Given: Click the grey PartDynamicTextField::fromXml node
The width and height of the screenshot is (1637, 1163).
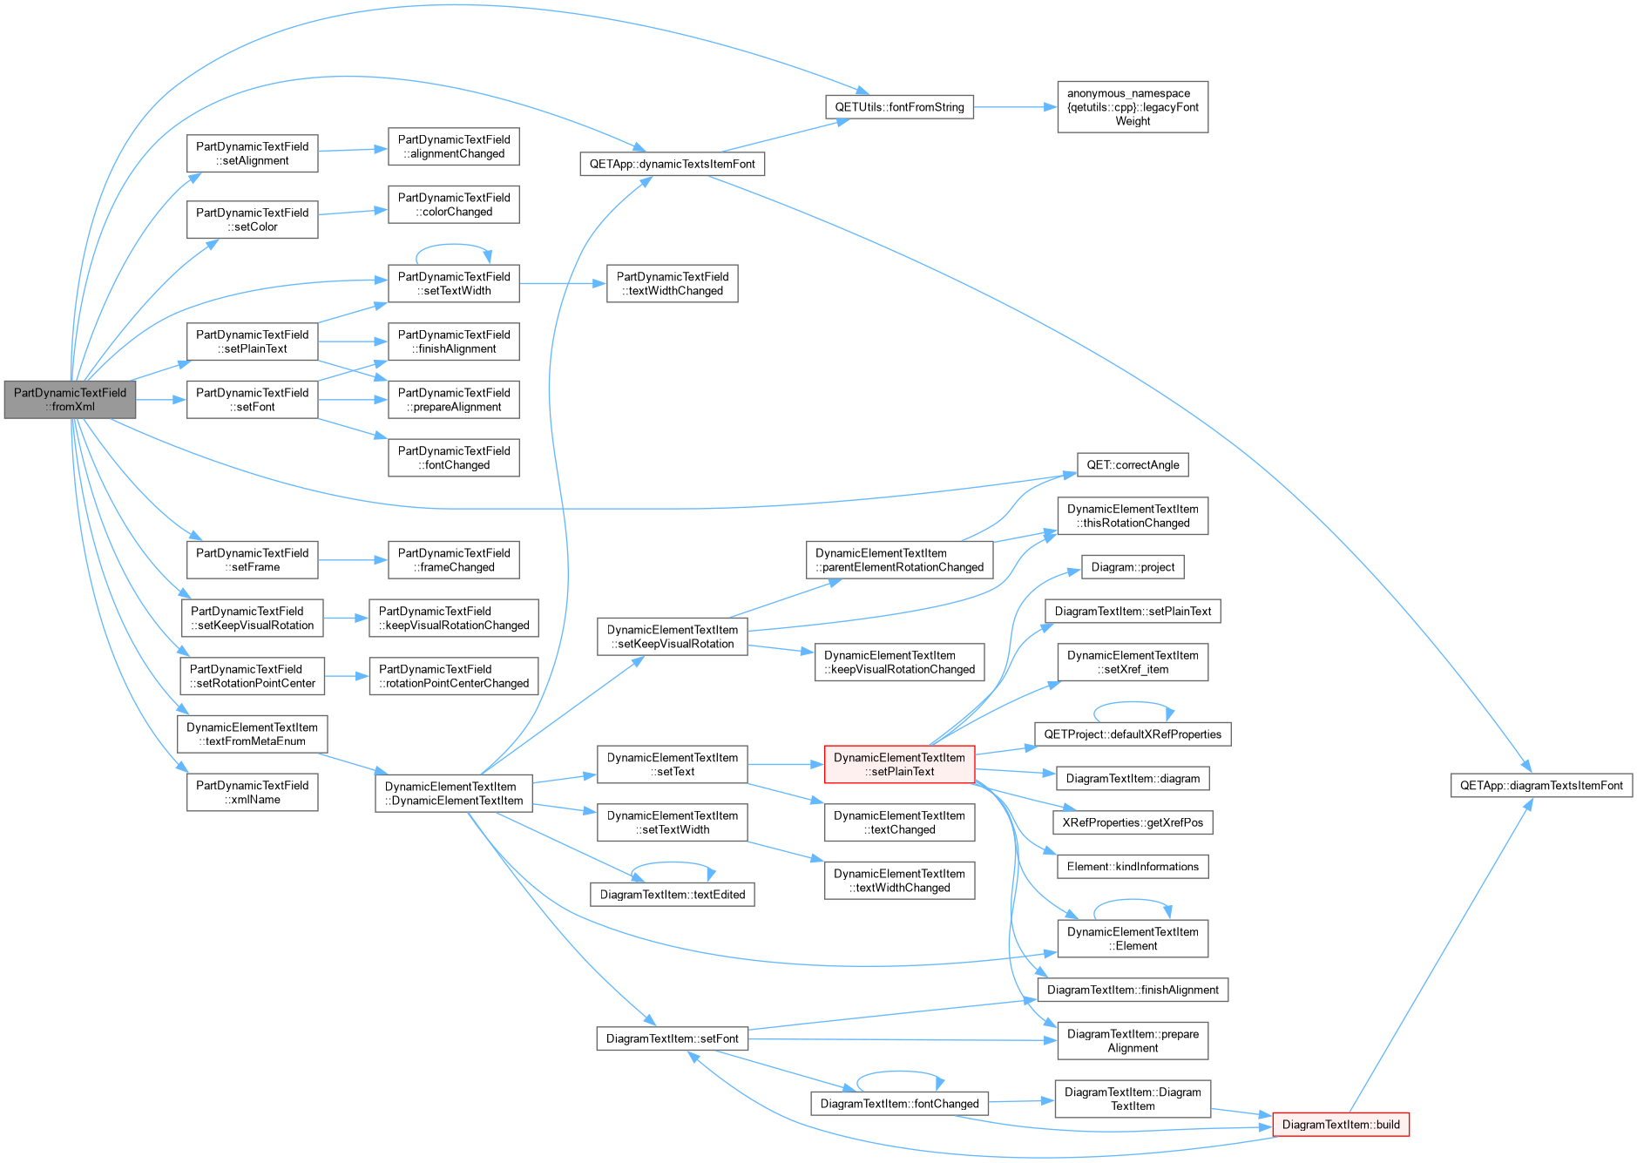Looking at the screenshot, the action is [x=70, y=400].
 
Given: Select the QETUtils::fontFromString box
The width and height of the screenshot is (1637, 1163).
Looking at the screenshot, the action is [x=899, y=107].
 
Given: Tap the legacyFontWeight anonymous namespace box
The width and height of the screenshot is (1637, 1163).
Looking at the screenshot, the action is [x=1133, y=107].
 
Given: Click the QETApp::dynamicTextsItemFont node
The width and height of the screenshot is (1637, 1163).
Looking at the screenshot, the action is [x=672, y=164].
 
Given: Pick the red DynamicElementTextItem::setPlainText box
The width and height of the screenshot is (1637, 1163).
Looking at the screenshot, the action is [x=899, y=764].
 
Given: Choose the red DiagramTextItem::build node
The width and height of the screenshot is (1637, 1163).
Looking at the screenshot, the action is [x=1341, y=1125].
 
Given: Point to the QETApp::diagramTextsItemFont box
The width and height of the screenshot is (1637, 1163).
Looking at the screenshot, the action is [x=1541, y=786].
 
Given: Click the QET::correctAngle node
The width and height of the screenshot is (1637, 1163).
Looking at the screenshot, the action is [x=1133, y=465].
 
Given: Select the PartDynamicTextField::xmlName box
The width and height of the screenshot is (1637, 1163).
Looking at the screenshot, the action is [x=252, y=793].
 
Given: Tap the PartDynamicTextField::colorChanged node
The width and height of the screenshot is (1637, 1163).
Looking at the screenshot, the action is [x=454, y=205].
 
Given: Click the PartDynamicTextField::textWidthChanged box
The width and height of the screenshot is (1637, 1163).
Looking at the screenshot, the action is [x=673, y=284].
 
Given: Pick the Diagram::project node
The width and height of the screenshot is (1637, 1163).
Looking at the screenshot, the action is [x=1133, y=567].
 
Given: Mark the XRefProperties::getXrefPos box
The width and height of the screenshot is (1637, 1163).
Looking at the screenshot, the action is [x=1133, y=822].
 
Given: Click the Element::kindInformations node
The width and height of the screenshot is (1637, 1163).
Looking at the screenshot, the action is [x=1133, y=867].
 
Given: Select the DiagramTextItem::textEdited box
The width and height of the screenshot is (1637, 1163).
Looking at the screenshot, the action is [x=673, y=895].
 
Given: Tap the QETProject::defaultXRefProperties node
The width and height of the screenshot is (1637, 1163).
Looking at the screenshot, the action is [x=1133, y=734].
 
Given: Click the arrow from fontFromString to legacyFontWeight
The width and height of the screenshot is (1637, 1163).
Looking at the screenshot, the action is [x=1016, y=107].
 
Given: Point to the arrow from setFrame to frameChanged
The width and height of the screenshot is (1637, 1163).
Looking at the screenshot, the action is [x=353, y=560].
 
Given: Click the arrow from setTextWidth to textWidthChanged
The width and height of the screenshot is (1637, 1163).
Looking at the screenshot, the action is [x=563, y=284].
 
